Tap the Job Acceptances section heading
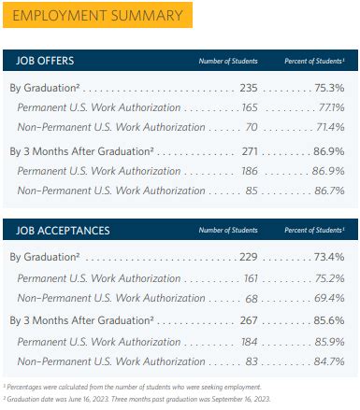pos(58,229)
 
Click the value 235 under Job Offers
pos(247,88)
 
